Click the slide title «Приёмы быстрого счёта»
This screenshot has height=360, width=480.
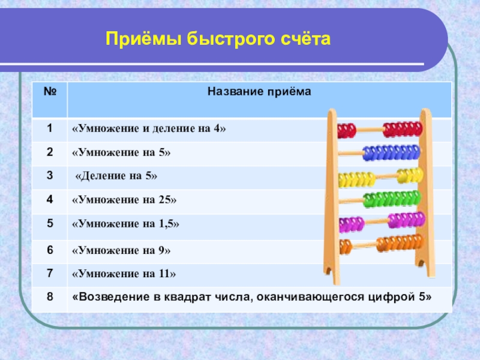(218, 39)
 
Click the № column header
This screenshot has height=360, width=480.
(50, 91)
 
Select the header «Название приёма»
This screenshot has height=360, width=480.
(259, 92)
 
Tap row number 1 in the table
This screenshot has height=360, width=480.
(50, 128)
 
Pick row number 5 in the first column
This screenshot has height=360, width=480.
(50, 223)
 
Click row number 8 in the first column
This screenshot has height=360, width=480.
(50, 296)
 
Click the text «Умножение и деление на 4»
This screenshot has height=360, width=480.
(149, 128)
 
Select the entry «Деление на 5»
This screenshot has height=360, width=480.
(116, 176)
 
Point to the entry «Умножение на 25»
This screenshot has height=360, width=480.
(124, 200)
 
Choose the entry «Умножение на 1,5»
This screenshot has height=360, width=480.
(125, 224)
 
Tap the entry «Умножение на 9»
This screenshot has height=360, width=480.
(121, 250)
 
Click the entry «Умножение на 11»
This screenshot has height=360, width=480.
(124, 274)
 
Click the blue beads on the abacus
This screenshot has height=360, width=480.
(391, 153)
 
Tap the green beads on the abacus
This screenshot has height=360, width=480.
(392, 199)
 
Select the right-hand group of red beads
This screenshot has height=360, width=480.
(403, 129)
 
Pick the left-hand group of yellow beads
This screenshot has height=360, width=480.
(357, 179)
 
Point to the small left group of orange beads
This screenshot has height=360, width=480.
(346, 247)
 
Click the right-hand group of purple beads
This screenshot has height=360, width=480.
(407, 220)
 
